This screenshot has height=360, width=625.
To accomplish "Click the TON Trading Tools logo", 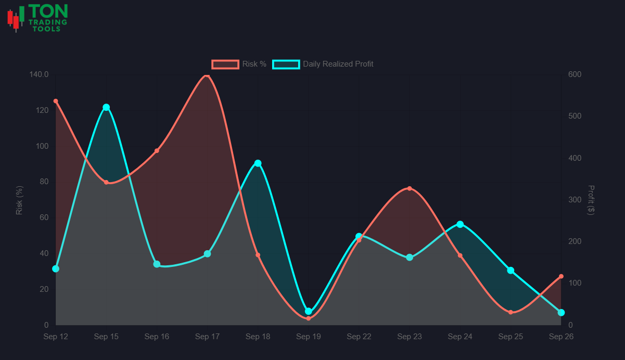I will pyautogui.click(x=37, y=18).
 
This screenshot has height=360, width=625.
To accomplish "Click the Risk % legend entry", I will pyautogui.click(x=239, y=64).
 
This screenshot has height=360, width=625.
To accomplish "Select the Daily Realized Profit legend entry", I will pyautogui.click(x=323, y=64).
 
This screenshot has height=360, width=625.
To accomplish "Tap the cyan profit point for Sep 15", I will pyautogui.click(x=106, y=107).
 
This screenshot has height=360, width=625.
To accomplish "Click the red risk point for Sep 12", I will pyautogui.click(x=56, y=101).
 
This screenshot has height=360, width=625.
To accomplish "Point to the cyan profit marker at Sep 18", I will pyautogui.click(x=258, y=163).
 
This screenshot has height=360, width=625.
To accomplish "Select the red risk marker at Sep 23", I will pyautogui.click(x=410, y=188).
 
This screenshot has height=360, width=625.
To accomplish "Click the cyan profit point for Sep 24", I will pyautogui.click(x=460, y=224).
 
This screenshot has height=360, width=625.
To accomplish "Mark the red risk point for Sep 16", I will pyautogui.click(x=157, y=151).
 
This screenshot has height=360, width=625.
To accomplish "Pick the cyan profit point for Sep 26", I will pyautogui.click(x=561, y=313).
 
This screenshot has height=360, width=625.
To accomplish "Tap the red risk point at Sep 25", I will pyautogui.click(x=511, y=312).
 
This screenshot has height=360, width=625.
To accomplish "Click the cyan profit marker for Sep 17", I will pyautogui.click(x=207, y=254).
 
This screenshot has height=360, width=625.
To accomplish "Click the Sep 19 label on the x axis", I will pyautogui.click(x=308, y=337).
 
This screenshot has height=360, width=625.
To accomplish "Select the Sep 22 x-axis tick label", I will pyautogui.click(x=359, y=337).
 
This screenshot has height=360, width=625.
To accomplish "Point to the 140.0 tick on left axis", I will pyautogui.click(x=39, y=74).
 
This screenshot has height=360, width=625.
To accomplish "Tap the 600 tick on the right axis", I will pyautogui.click(x=575, y=74).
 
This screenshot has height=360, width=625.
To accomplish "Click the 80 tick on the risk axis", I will pyautogui.click(x=43, y=182).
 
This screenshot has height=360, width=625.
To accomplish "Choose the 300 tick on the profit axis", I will pyautogui.click(x=575, y=200).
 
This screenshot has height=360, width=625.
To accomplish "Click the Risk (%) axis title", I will pyautogui.click(x=19, y=200).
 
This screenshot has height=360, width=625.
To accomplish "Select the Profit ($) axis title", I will pyautogui.click(x=591, y=200).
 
